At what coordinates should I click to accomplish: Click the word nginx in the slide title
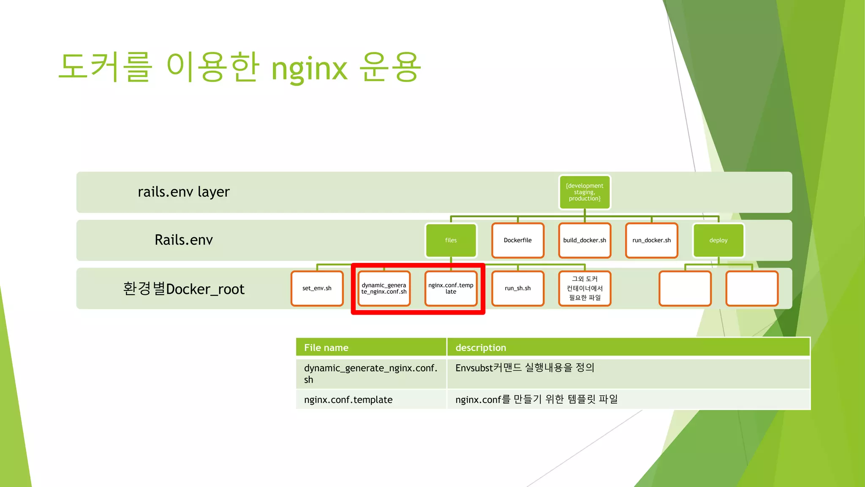[309, 68]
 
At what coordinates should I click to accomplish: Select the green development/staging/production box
[585, 192]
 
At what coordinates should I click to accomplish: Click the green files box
[451, 240]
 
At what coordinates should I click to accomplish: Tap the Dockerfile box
[517, 240]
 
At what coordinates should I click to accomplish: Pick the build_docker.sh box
[585, 240]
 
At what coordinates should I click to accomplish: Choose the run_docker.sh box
[651, 240]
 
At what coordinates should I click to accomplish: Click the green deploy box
[718, 240]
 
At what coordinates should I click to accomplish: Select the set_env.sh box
[317, 288]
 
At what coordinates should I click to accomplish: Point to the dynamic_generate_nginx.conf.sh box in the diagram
[384, 288]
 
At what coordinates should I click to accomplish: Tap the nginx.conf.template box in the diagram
[451, 288]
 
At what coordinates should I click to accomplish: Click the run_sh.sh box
[517, 288]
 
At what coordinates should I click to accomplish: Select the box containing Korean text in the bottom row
[585, 288]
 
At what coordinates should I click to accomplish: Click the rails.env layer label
[184, 192]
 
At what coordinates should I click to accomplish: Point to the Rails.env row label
[184, 240]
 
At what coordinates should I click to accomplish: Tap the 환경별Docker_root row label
[184, 289]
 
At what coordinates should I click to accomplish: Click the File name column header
[326, 347]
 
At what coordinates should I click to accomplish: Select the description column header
[481, 347]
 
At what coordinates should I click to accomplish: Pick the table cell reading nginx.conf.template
[348, 399]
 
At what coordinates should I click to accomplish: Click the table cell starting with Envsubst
[525, 368]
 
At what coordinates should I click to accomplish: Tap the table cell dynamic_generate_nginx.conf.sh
[370, 373]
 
